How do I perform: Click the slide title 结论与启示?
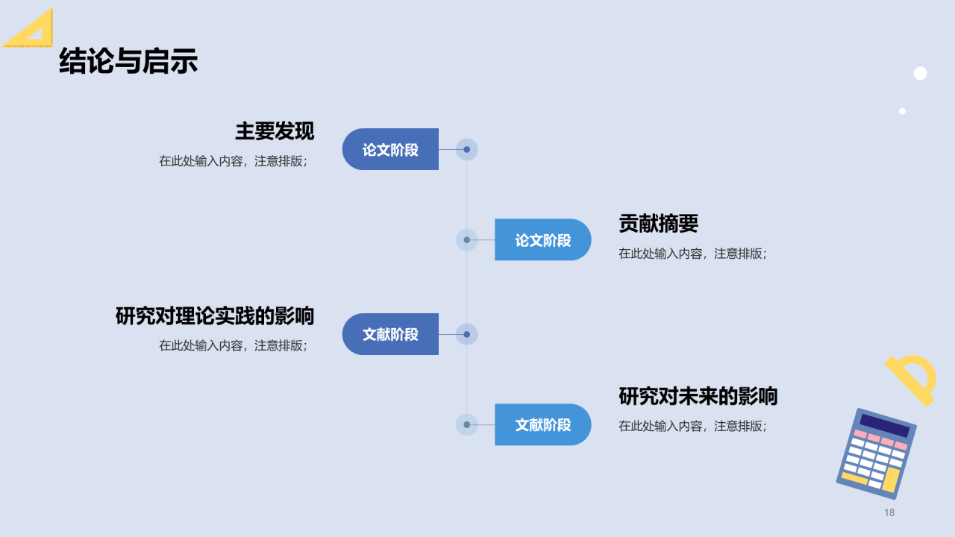(128, 61)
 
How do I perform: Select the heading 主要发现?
(275, 131)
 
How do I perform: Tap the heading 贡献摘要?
(658, 223)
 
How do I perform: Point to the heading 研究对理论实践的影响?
(215, 315)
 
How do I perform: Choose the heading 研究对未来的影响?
(698, 396)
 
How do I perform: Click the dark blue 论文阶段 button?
(390, 149)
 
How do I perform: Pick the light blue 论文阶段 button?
(542, 240)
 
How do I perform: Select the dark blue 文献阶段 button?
(390, 334)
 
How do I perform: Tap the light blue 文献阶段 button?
(542, 425)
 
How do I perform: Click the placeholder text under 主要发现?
(233, 161)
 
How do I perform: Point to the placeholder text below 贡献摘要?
(692, 254)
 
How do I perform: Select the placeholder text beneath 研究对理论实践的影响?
(233, 346)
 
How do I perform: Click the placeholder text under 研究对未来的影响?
(692, 427)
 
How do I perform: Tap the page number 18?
(889, 512)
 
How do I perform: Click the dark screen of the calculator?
(884, 426)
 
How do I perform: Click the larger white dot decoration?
(920, 73)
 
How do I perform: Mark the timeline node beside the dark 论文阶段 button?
(466, 149)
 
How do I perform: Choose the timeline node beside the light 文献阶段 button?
(466, 425)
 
